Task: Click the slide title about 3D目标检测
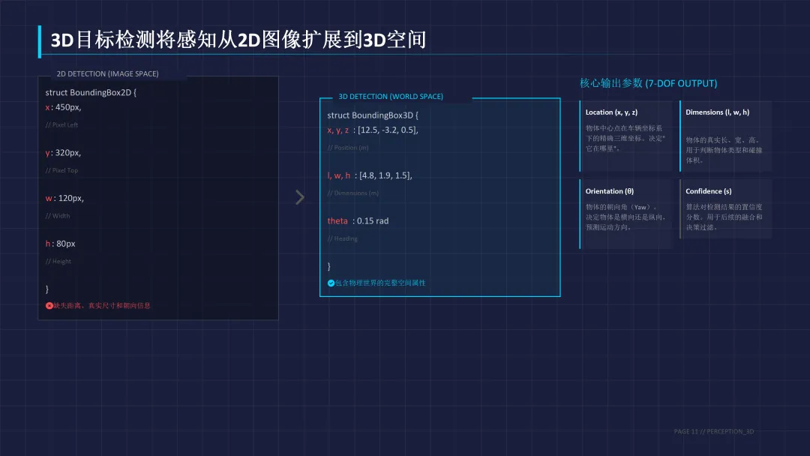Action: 238,40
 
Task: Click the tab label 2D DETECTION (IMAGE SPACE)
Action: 107,74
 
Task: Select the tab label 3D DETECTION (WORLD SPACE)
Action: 391,97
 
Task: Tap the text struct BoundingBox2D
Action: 91,93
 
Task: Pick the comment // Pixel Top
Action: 61,170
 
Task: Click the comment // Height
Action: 58,261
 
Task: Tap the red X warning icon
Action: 49,305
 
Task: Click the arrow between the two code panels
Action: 300,197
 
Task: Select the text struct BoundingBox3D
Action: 373,115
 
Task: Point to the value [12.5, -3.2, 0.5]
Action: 388,130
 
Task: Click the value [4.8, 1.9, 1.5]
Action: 385,175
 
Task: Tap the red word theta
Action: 337,221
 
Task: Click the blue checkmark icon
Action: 331,283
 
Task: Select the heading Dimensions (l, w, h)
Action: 717,112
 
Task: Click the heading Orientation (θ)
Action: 610,191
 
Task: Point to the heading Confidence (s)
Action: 709,191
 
